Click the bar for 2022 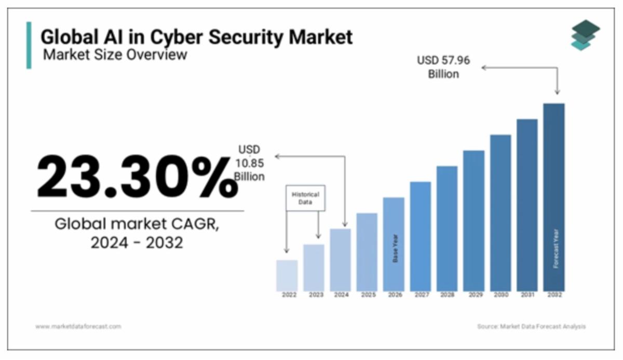pyautogui.click(x=287, y=275)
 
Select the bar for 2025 pyautogui.click(x=367, y=252)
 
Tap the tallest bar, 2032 pyautogui.click(x=553, y=197)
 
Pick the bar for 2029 pyautogui.click(x=473, y=221)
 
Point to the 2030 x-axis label pyautogui.click(x=500, y=295)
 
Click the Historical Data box pyautogui.click(x=305, y=198)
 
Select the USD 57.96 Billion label pyautogui.click(x=443, y=67)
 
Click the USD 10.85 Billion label pyautogui.click(x=249, y=163)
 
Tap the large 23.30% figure pyautogui.click(x=137, y=177)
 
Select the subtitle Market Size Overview pyautogui.click(x=115, y=54)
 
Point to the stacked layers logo pyautogui.click(x=585, y=35)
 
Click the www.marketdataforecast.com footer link pyautogui.click(x=78, y=326)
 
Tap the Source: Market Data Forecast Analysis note pyautogui.click(x=531, y=326)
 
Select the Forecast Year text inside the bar pyautogui.click(x=554, y=248)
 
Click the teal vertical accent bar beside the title pyautogui.click(x=29, y=45)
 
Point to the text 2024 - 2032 pyautogui.click(x=137, y=243)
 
